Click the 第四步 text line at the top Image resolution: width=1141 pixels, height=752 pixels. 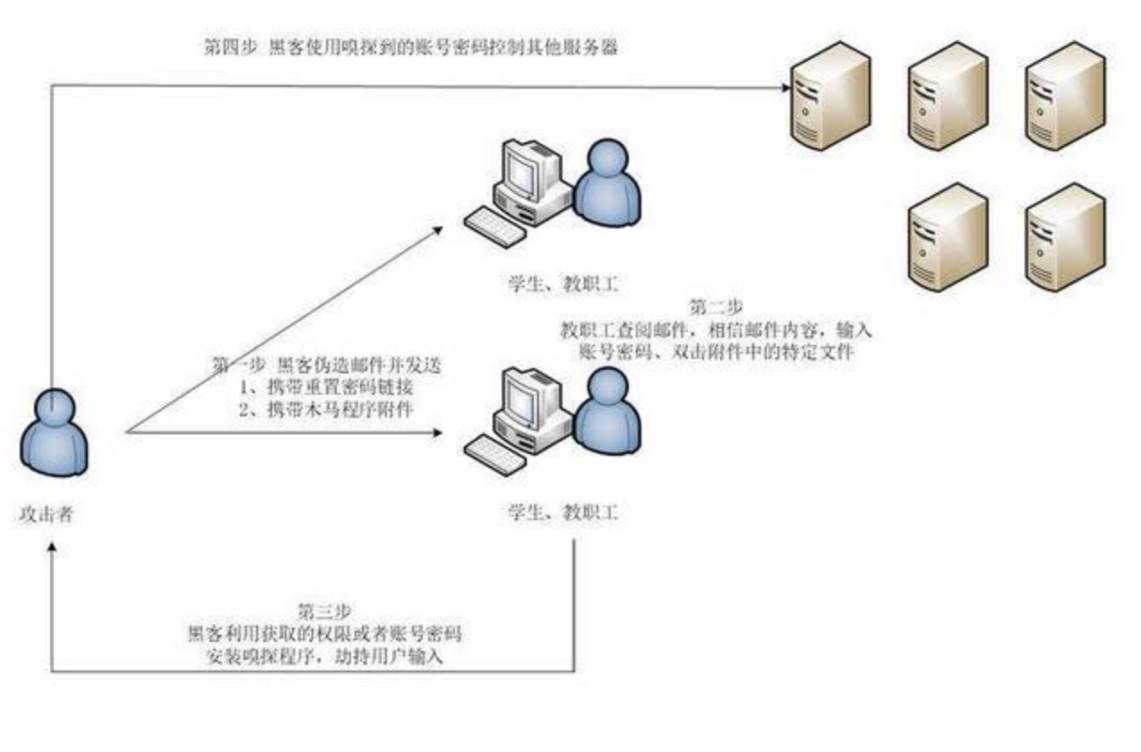click(x=411, y=47)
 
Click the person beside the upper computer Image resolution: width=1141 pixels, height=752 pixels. click(x=606, y=184)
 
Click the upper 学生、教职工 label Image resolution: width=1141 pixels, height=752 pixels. click(x=562, y=286)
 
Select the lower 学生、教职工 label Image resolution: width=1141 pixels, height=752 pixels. click(x=562, y=514)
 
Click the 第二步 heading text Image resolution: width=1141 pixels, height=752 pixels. click(x=716, y=308)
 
